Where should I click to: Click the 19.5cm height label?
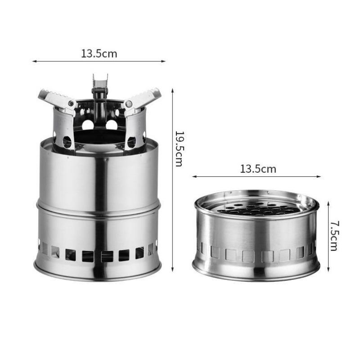click(179, 148)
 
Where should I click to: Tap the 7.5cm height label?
click(334, 236)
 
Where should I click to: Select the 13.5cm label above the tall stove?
click(99, 54)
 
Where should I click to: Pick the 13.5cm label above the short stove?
click(258, 169)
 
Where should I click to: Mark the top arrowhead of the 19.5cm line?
click(172, 90)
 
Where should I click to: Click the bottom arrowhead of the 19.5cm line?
click(172, 270)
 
